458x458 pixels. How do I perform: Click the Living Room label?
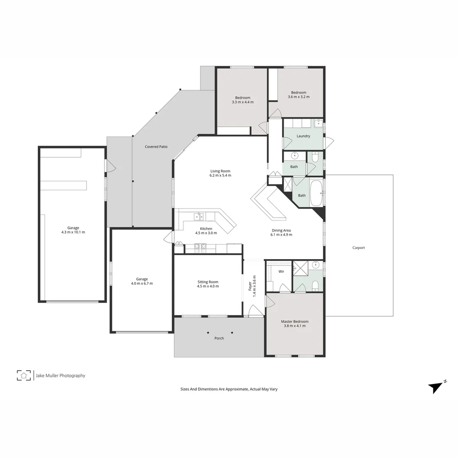click(221, 171)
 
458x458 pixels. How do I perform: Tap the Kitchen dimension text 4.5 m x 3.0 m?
click(206, 233)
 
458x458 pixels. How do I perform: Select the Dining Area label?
click(281, 230)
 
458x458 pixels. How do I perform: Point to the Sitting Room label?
click(208, 282)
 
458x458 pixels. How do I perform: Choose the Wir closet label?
click(281, 271)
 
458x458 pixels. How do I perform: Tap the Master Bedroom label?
click(295, 321)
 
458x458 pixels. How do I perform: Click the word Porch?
click(219, 338)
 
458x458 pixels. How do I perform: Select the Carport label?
click(358, 248)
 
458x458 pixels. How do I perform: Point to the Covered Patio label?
click(156, 147)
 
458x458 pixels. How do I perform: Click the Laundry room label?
click(303, 136)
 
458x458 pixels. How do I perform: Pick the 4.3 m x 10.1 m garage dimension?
click(73, 232)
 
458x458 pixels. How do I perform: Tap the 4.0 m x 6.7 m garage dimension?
click(142, 283)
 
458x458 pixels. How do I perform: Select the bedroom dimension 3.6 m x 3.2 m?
click(299, 97)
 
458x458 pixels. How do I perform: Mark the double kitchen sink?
click(198, 217)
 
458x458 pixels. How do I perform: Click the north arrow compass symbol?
click(436, 386)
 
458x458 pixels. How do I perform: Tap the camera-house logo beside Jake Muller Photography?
click(24, 375)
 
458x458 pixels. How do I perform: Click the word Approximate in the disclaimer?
click(235, 389)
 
